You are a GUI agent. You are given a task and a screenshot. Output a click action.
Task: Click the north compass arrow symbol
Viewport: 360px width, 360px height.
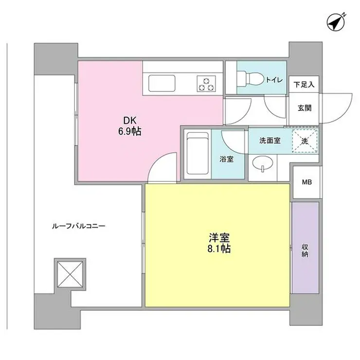coord(336,22)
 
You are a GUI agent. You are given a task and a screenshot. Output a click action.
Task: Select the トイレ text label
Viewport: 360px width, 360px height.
coord(274,80)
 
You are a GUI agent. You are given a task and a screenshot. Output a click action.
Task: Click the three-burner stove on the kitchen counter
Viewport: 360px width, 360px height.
coord(206,84)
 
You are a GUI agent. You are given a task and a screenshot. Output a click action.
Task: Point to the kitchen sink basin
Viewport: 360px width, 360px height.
coord(162,83)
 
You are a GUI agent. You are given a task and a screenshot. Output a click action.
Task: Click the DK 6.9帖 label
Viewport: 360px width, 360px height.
coord(130,126)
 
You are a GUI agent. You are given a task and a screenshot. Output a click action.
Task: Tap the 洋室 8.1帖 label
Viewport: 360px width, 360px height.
coord(219,243)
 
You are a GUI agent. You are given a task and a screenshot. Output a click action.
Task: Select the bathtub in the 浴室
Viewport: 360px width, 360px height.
coord(198,154)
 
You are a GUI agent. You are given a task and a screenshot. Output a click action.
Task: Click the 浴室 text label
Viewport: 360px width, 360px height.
coord(227,159)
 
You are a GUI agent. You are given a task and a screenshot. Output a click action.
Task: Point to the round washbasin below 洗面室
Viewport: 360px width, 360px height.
coord(263,163)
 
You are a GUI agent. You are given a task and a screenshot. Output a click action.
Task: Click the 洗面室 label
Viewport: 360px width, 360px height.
coord(270,141)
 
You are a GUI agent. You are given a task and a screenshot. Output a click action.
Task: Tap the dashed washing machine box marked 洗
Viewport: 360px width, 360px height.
coord(305,141)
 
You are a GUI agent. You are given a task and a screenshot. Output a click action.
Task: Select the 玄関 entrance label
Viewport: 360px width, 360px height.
coord(305,108)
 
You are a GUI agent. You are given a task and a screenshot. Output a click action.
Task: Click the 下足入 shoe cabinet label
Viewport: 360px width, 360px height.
coord(304,85)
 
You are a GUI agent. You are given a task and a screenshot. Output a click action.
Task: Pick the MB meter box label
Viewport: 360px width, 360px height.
coord(307,182)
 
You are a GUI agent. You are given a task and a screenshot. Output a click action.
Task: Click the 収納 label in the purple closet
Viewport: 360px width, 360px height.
coord(305,251)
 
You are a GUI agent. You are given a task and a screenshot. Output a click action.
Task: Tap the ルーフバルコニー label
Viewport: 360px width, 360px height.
coord(78,227)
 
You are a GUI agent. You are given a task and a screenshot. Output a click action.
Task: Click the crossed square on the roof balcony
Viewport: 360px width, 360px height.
coord(70,274)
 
